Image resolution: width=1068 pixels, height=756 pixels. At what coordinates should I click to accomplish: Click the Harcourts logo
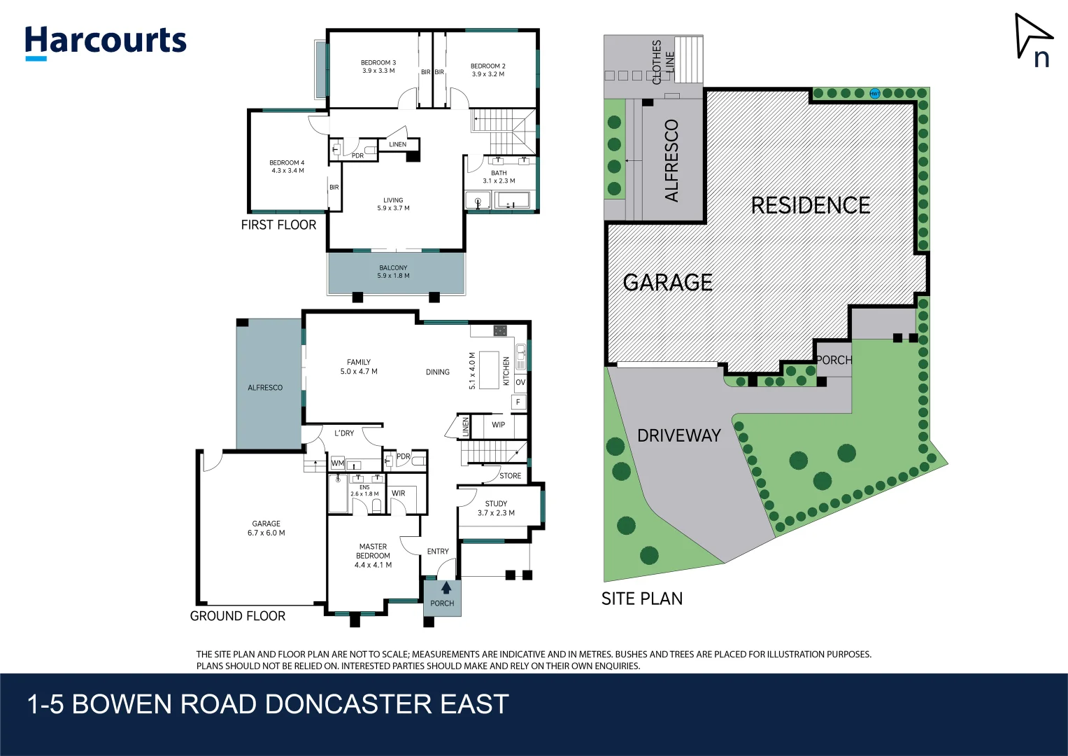(106, 42)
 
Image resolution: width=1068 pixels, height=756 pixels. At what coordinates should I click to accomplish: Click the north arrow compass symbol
(1033, 37)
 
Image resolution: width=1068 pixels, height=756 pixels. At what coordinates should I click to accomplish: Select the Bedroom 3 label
(378, 63)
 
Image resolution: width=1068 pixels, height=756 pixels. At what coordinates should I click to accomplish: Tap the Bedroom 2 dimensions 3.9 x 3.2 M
(487, 74)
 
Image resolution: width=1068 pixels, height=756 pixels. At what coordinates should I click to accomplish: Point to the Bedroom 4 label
(287, 162)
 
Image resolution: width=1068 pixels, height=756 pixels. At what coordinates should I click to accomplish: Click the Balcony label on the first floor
(393, 267)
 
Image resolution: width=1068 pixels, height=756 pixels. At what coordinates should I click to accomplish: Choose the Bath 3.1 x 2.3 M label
(499, 176)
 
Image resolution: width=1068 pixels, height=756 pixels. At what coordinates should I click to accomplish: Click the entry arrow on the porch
(446, 588)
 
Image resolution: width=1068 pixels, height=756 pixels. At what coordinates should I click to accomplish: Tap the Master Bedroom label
(373, 551)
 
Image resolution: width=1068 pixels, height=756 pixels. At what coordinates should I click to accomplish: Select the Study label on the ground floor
(496, 503)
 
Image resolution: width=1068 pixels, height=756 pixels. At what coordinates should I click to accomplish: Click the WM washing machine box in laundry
(338, 463)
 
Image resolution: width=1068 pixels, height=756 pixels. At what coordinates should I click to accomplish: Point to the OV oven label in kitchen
(520, 383)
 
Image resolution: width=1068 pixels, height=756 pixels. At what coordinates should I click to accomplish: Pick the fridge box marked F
(518, 402)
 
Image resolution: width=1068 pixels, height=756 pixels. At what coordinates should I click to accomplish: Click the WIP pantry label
(498, 425)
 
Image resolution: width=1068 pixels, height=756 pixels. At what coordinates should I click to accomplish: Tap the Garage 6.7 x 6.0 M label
(266, 528)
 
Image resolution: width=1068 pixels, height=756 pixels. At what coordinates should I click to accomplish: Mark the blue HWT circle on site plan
(874, 93)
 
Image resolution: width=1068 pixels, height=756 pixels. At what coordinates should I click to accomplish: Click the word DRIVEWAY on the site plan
(678, 435)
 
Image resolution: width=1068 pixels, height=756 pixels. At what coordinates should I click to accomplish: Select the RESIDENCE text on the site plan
(810, 205)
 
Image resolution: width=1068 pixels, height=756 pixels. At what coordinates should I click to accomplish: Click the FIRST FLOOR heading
(278, 225)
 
